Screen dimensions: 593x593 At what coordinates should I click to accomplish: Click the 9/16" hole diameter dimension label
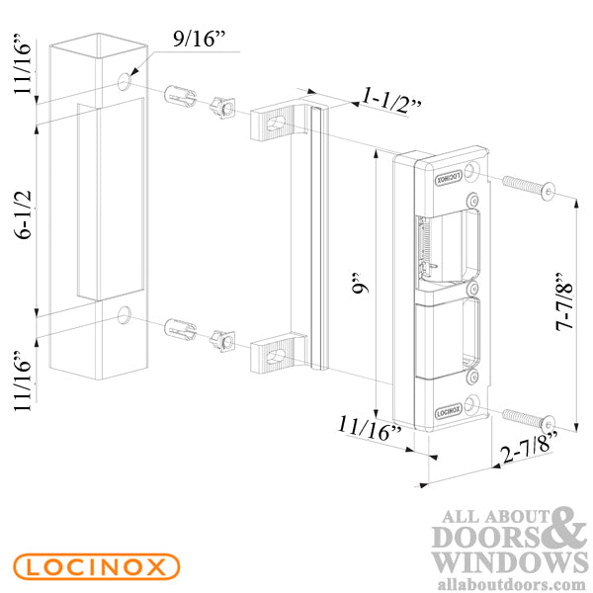pyautogui.click(x=200, y=39)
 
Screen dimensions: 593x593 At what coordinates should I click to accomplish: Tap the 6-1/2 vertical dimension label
pyautogui.click(x=23, y=214)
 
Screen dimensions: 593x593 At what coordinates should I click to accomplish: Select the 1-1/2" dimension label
pyautogui.click(x=391, y=101)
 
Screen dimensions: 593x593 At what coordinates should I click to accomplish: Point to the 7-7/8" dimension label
pyautogui.click(x=564, y=301)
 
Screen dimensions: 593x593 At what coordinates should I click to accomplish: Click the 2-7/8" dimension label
pyautogui.click(x=529, y=448)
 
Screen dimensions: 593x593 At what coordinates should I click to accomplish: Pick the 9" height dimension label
pyautogui.click(x=360, y=284)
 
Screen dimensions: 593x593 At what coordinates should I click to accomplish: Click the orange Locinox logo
pyautogui.click(x=97, y=566)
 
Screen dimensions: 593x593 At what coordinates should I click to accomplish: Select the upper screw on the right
pyautogui.click(x=529, y=187)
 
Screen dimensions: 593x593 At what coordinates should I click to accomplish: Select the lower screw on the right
pyautogui.click(x=529, y=421)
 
